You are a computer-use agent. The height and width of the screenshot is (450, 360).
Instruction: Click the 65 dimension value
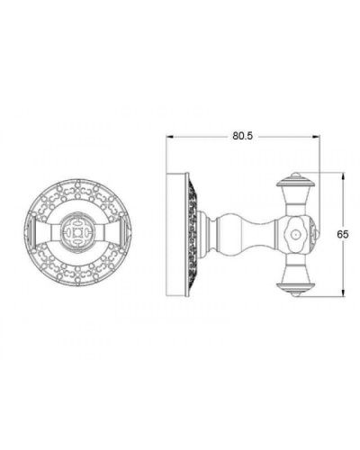[342, 232]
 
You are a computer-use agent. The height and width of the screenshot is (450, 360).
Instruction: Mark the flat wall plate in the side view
[175, 232]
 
